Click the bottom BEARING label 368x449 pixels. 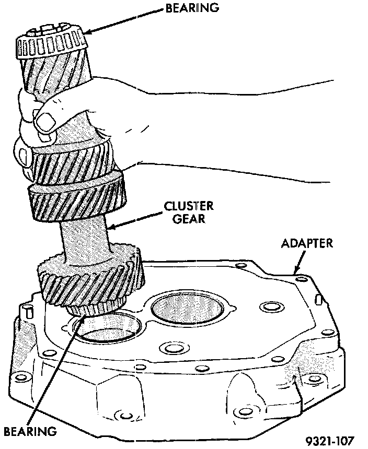coord(30,431)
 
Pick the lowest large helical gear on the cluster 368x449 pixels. coord(89,282)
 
